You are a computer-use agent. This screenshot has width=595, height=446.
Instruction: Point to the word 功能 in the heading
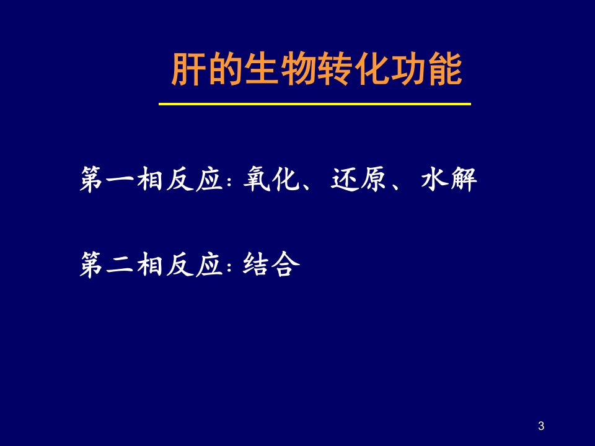click(x=426, y=69)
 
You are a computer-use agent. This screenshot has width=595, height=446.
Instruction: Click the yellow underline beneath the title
click(x=315, y=103)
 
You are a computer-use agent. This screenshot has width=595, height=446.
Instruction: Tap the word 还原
click(x=358, y=179)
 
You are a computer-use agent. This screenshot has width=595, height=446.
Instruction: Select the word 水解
click(x=449, y=179)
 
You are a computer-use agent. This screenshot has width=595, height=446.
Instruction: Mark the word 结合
click(x=271, y=264)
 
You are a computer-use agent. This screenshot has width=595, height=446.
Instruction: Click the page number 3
click(x=541, y=426)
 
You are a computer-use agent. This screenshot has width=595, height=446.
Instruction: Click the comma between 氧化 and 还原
click(x=307, y=185)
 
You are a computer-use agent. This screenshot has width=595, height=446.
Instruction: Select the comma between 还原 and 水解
click(x=395, y=185)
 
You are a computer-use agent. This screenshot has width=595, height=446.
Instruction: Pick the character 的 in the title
click(x=224, y=69)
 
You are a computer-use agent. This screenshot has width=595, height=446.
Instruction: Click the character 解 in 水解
click(x=463, y=179)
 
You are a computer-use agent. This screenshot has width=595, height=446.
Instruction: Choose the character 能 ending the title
click(x=446, y=69)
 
